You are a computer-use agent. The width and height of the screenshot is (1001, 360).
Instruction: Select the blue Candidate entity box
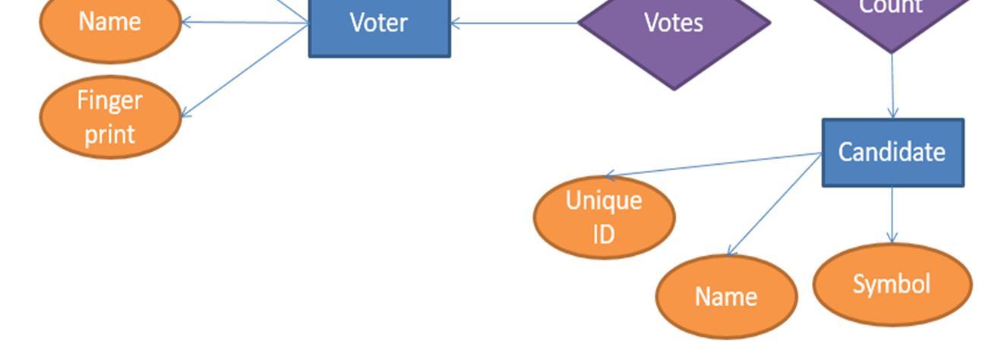pos(892,152)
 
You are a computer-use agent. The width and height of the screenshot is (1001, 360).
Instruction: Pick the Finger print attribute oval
pos(110,117)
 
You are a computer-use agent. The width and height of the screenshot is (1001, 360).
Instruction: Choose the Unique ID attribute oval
pos(604,217)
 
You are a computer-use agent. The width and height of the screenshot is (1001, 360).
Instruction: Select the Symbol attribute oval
pos(892,285)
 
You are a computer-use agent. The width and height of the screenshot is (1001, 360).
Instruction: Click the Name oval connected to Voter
pos(109,23)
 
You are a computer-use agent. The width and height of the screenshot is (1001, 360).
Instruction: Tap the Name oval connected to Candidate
pos(726,296)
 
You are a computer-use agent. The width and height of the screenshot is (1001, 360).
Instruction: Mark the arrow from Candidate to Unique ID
pos(714,165)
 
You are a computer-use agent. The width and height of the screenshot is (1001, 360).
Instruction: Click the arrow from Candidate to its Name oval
pos(775,204)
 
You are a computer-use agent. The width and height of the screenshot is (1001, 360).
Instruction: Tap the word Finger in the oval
pos(110,100)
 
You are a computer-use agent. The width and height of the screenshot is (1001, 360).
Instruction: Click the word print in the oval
pos(110,134)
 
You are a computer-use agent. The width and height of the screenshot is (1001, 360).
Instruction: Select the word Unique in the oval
pos(604,201)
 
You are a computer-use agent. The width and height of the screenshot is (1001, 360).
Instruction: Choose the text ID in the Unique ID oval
pos(604,234)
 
